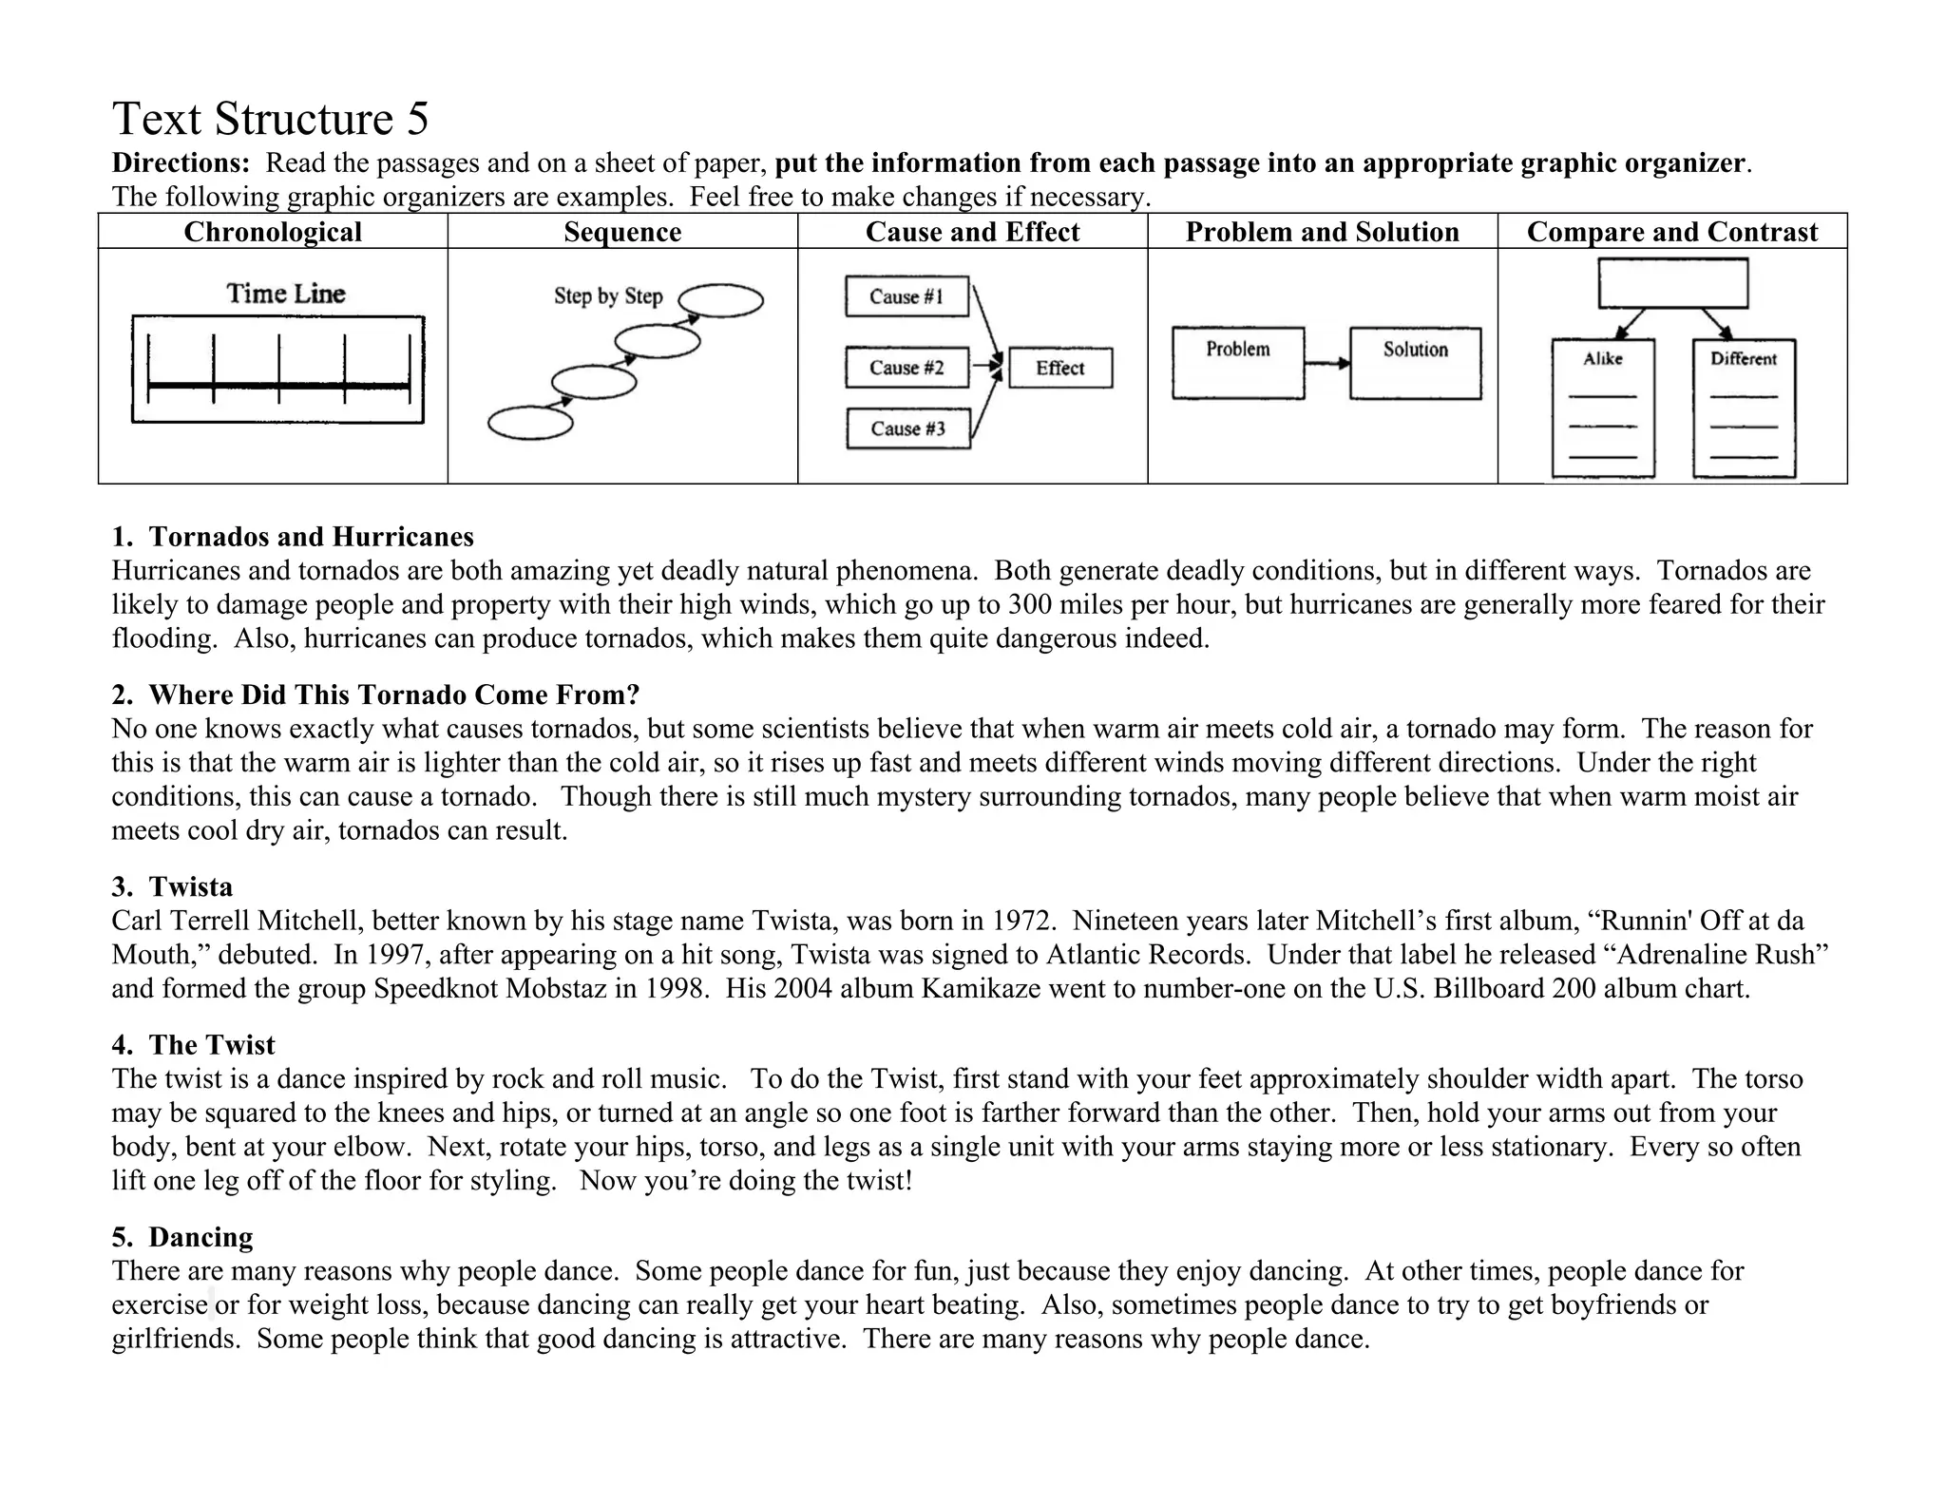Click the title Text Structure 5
[x=270, y=120]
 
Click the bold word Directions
[x=180, y=163]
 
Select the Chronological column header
[x=273, y=232]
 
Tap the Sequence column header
[x=622, y=232]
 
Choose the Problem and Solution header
[x=1322, y=232]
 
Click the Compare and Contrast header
[x=1671, y=232]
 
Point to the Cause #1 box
[x=906, y=296]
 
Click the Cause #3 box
[x=907, y=428]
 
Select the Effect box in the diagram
[x=1059, y=369]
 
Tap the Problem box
[x=1237, y=362]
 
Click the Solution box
[x=1415, y=362]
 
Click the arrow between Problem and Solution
[x=1326, y=363]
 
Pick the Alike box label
[x=1602, y=359]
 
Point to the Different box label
[x=1743, y=359]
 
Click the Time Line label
[x=285, y=294]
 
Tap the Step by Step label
[x=608, y=296]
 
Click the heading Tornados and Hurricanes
[x=311, y=537]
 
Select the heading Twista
[x=190, y=886]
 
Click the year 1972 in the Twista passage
[x=1023, y=921]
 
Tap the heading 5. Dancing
[x=182, y=1237]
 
